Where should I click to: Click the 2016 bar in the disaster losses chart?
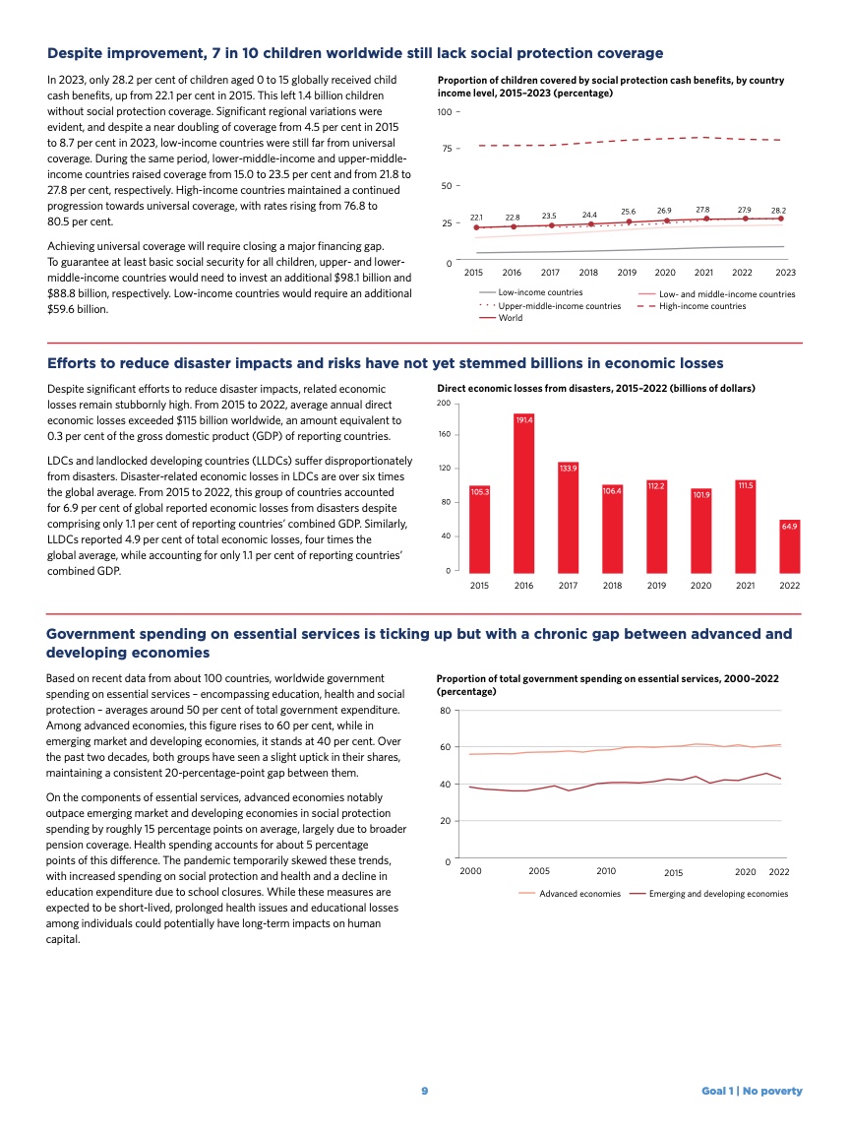pyautogui.click(x=523, y=492)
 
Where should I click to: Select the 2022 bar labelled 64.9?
pyautogui.click(x=789, y=545)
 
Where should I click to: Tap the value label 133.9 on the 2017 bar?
pyautogui.click(x=568, y=468)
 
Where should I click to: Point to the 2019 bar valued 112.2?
pyautogui.click(x=656, y=526)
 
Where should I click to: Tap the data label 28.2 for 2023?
pyautogui.click(x=778, y=210)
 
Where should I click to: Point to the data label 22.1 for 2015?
pyautogui.click(x=476, y=217)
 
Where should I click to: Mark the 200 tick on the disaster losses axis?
pyautogui.click(x=446, y=405)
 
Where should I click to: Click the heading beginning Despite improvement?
pyautogui.click(x=355, y=53)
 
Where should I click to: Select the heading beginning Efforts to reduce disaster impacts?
pyautogui.click(x=385, y=363)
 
